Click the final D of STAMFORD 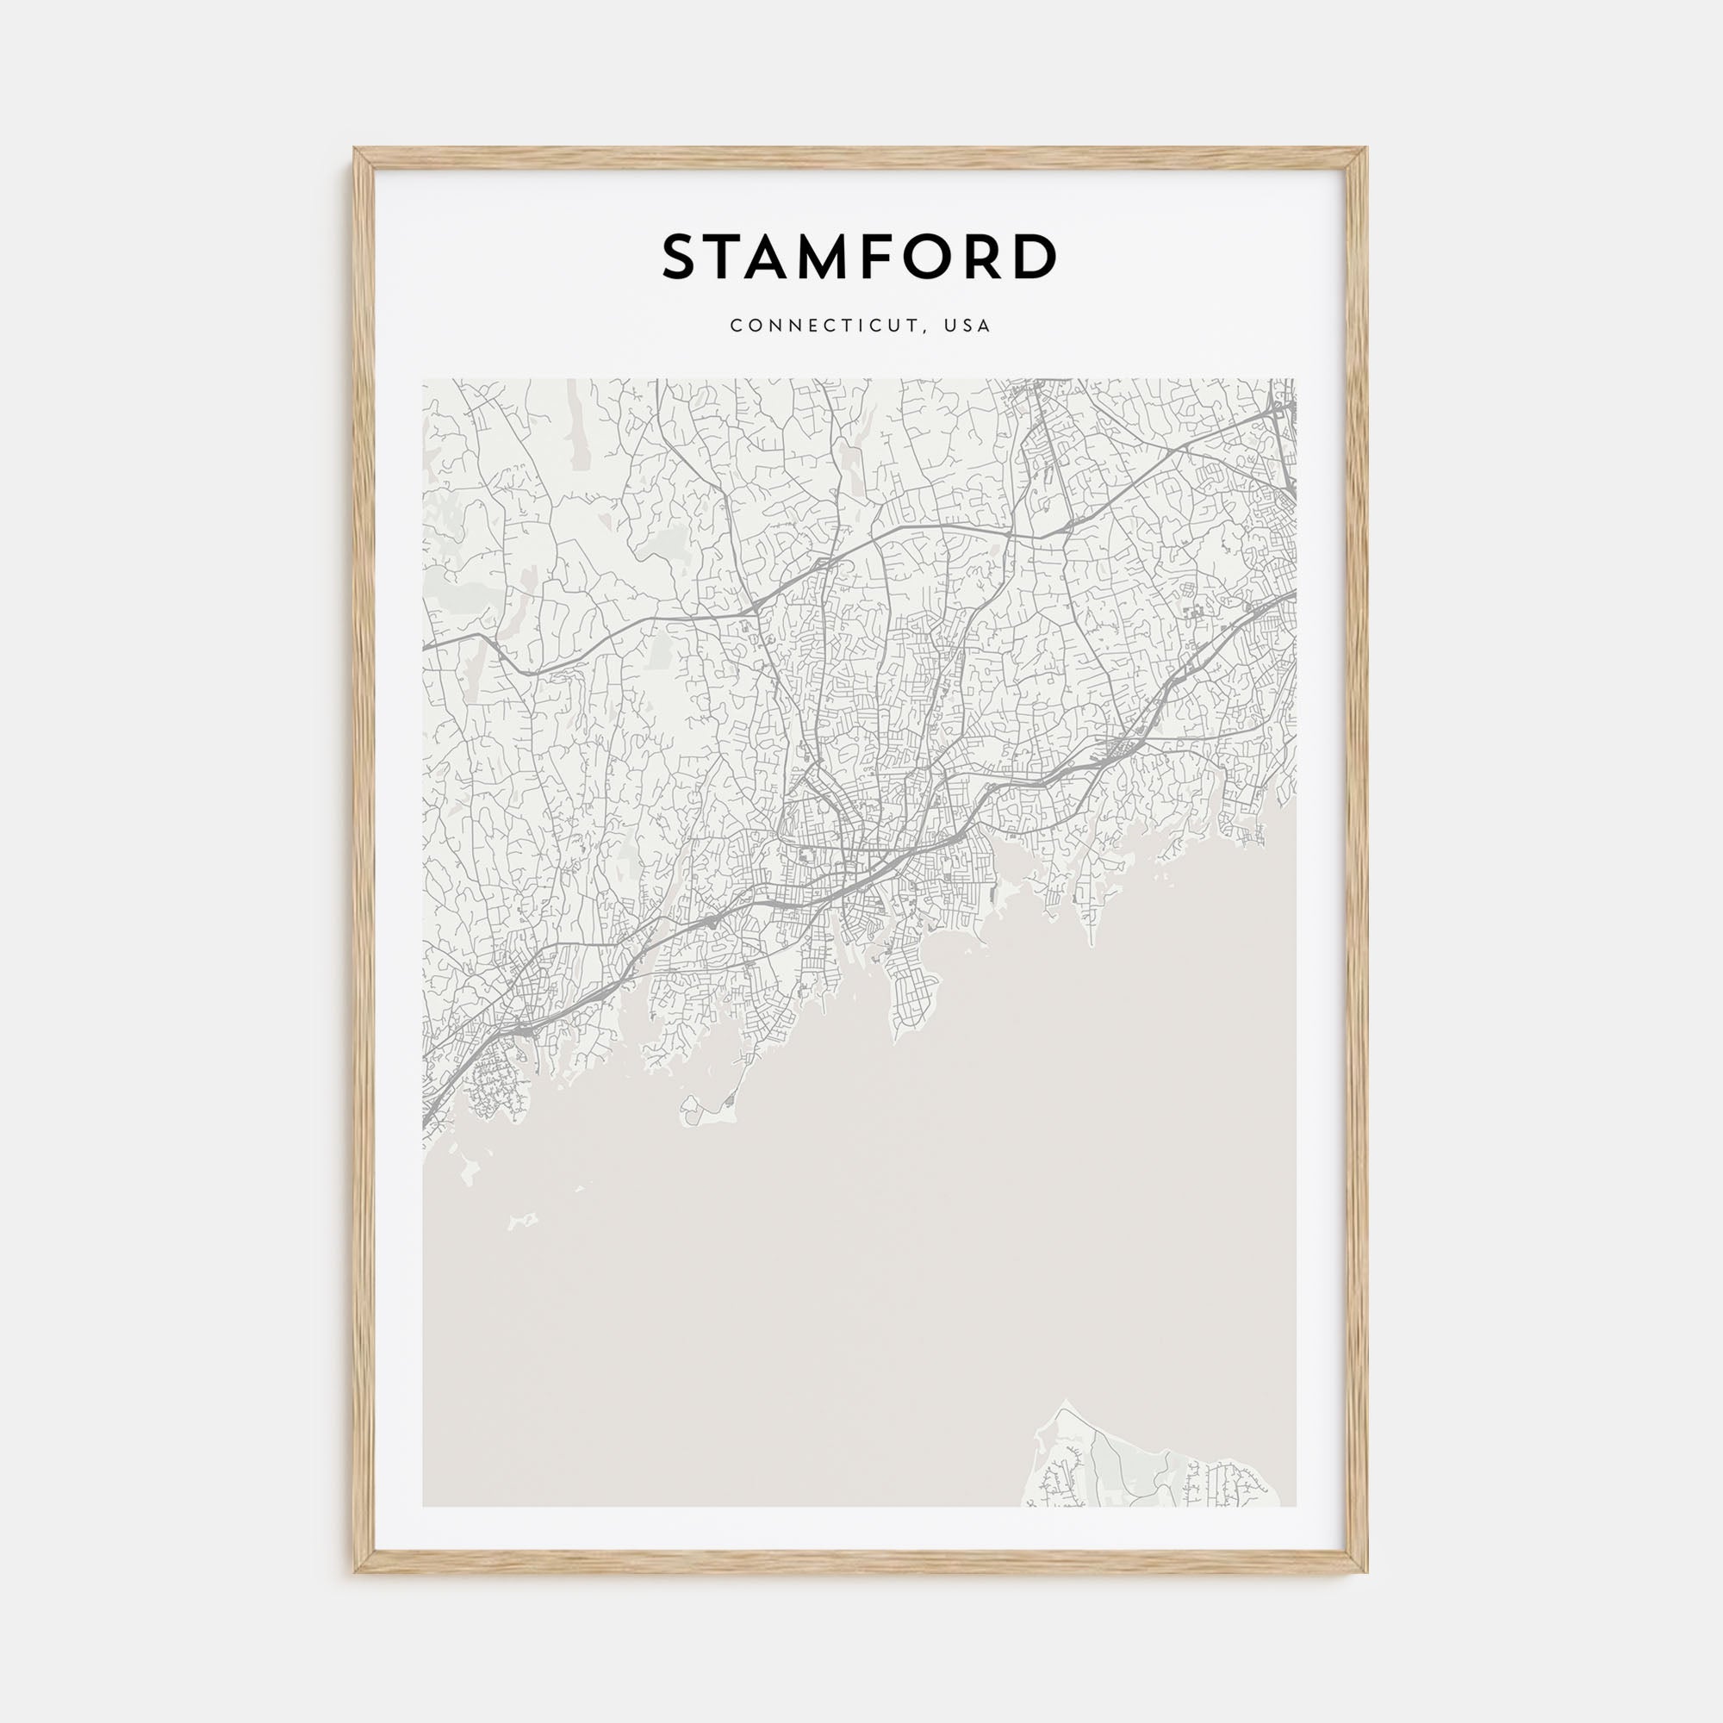click(x=1033, y=258)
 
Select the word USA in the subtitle click(x=968, y=327)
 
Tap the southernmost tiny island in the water click(x=522, y=1220)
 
